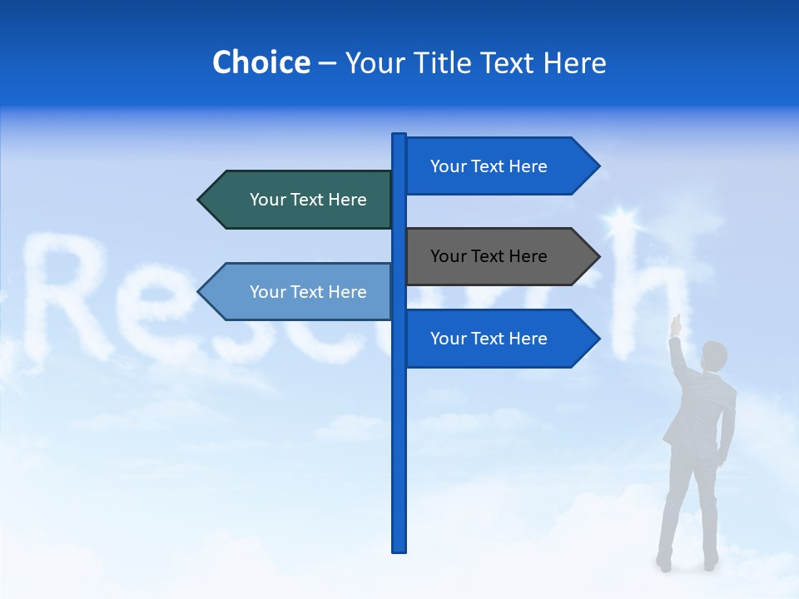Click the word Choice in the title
pyautogui.click(x=261, y=63)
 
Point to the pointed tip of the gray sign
pyautogui.click(x=598, y=256)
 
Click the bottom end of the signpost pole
pyautogui.click(x=399, y=549)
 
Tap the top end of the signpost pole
pyautogui.click(x=399, y=136)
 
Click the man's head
pyautogui.click(x=713, y=356)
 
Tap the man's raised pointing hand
pyautogui.click(x=676, y=322)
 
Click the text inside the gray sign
pyautogui.click(x=489, y=256)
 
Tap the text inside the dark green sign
pyautogui.click(x=308, y=200)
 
